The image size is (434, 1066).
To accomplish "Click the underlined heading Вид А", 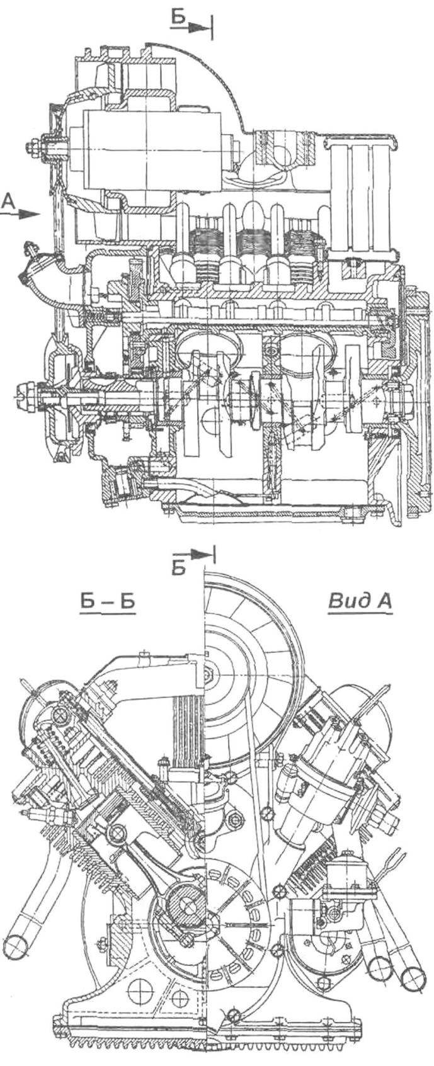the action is (360, 601).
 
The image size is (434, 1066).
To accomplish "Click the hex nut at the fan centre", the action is (208, 675).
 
